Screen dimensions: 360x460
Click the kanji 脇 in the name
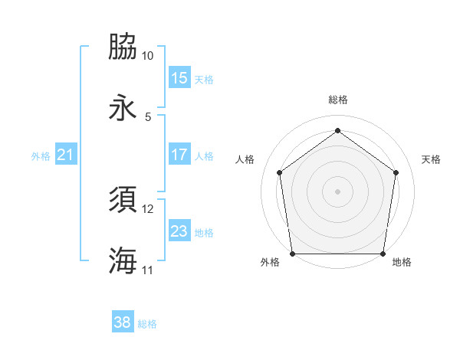pos(123,47)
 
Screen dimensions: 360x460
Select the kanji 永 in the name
pos(123,108)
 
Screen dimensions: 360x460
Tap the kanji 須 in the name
pos(123,200)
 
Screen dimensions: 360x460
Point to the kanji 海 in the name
pos(123,260)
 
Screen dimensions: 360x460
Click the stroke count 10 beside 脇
pos(148,56)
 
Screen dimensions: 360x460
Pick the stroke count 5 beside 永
pos(148,117)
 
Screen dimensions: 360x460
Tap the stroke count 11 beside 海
pos(148,270)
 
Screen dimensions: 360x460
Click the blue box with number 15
pos(179,78)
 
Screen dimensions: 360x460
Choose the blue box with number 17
pos(179,155)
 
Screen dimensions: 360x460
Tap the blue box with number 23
pos(179,231)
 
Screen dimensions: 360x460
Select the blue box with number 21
pos(66,155)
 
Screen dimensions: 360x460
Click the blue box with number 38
pos(123,323)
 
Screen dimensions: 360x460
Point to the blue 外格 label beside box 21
pos(41,155)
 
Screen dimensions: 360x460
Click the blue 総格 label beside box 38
pos(147,324)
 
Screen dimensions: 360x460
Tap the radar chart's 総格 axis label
pos(338,100)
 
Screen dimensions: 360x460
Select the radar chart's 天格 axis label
pos(431,159)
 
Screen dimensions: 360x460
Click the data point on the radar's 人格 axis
pos(279,172)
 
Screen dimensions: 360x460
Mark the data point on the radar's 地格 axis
pos(383,254)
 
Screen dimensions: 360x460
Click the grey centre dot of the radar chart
pos(338,191)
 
